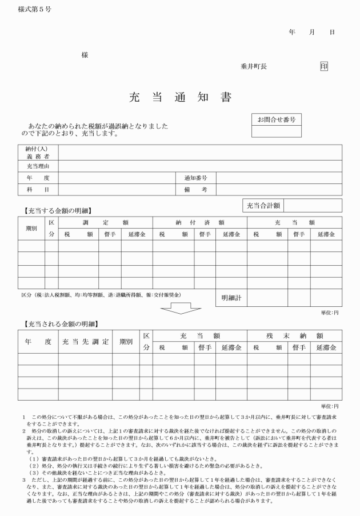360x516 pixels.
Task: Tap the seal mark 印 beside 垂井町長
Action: coord(324,66)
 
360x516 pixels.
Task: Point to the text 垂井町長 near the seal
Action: coord(253,66)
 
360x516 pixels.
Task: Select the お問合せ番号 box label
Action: coord(276,120)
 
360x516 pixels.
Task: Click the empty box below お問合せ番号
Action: coord(276,131)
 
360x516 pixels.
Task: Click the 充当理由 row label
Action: coord(38,166)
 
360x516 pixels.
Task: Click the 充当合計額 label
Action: coord(262,205)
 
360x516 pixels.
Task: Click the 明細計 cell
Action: coord(230,298)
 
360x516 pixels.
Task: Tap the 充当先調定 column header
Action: coord(85,341)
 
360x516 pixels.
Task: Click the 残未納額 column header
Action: coord(294,335)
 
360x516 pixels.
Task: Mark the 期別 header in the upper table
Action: coord(31,228)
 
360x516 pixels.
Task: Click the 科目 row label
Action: coord(38,189)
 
